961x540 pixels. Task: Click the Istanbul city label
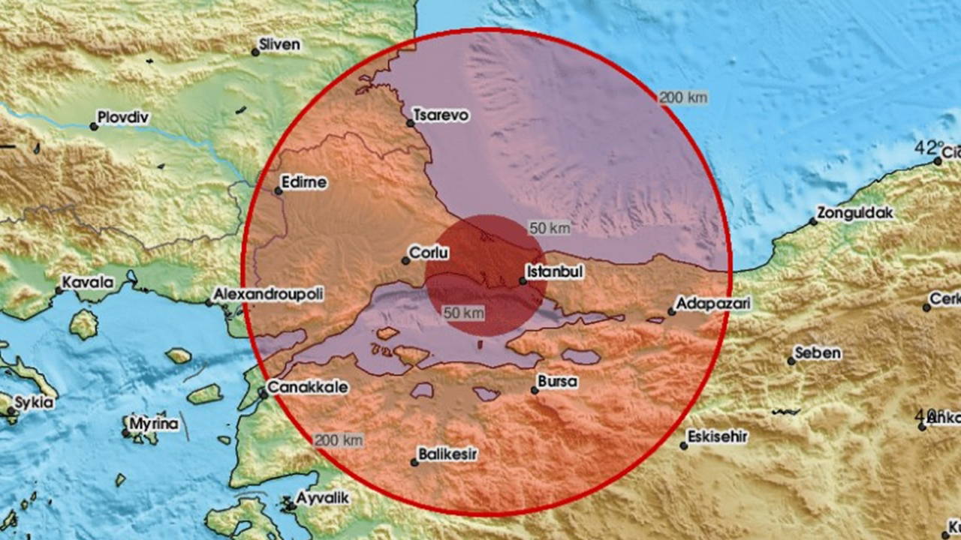[555, 271]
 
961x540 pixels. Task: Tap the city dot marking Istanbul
[523, 281]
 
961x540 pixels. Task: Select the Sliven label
[279, 44]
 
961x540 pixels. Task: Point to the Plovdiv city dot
[94, 127]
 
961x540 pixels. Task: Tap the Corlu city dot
[405, 261]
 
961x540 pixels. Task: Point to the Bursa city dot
[535, 390]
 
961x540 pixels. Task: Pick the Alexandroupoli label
[270, 295]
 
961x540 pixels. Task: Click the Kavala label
[88, 283]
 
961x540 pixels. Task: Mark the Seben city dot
[791, 361]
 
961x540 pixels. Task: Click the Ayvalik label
[322, 497]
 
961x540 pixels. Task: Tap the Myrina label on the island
[154, 424]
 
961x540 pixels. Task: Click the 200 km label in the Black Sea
[682, 97]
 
